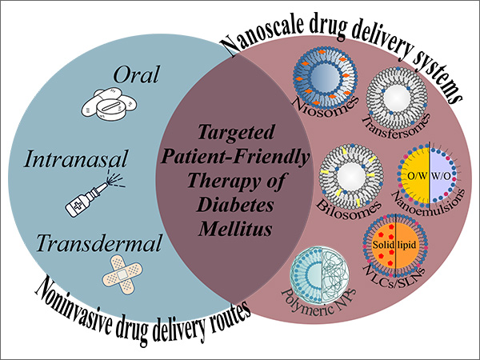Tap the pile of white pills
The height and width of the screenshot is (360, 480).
[x=110, y=106]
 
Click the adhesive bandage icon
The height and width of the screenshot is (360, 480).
[x=122, y=271]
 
